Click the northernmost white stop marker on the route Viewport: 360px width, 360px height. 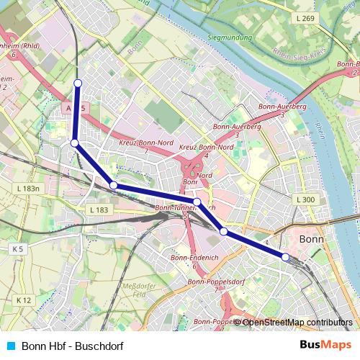pyautogui.click(x=78, y=83)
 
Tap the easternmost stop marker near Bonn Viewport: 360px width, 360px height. pyautogui.click(x=285, y=257)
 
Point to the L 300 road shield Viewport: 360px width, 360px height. pyautogui.click(x=305, y=199)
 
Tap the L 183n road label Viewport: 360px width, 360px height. pyautogui.click(x=28, y=188)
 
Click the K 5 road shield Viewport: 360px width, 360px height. pyautogui.click(x=17, y=248)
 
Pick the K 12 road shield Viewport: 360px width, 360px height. pyautogui.click(x=23, y=300)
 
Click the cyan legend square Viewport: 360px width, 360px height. pyautogui.click(x=11, y=346)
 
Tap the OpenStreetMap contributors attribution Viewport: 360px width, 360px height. pyautogui.click(x=297, y=323)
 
